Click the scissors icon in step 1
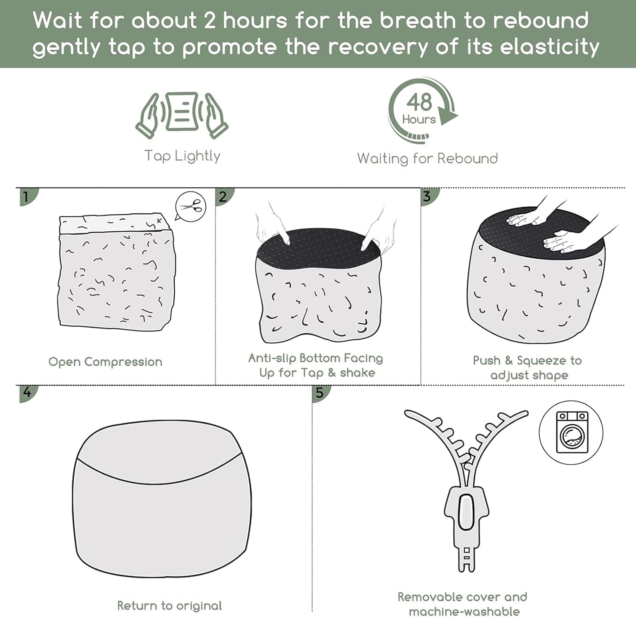pyautogui.click(x=191, y=207)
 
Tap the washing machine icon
pyautogui.click(x=571, y=432)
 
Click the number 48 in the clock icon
pyautogui.click(x=419, y=102)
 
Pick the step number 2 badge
pyautogui.click(x=224, y=196)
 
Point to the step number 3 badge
pyautogui.click(x=428, y=196)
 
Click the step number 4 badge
pyautogui.click(x=28, y=393)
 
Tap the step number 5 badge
pyautogui.click(x=320, y=393)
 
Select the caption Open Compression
pyautogui.click(x=105, y=362)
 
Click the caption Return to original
pyautogui.click(x=170, y=606)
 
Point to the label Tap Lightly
pyautogui.click(x=182, y=156)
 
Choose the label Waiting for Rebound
pyautogui.click(x=427, y=159)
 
